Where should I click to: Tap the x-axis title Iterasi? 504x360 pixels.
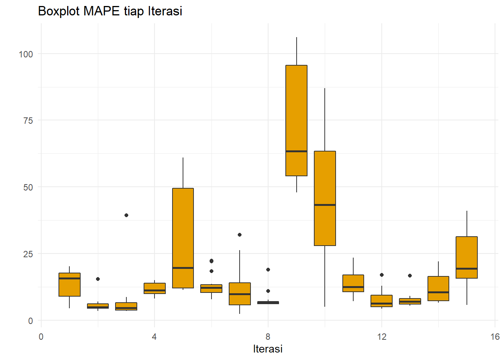(x=268, y=349)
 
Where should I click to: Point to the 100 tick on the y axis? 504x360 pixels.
(x=26, y=54)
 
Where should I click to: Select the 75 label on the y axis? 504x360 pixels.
(x=28, y=121)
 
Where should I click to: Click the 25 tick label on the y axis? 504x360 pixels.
(x=28, y=254)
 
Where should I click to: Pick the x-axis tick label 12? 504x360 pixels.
(x=382, y=337)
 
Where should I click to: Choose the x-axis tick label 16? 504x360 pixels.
(x=495, y=337)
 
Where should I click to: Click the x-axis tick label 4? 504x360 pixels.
(x=154, y=337)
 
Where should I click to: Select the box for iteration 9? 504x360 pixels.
(x=296, y=112)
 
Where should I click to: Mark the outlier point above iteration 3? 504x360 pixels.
(x=126, y=215)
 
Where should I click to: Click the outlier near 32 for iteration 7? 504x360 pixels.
(x=240, y=235)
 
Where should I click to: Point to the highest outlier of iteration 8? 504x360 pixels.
(x=268, y=270)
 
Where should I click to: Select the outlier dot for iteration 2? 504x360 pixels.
(x=98, y=279)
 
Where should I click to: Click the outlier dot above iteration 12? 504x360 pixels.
(x=382, y=275)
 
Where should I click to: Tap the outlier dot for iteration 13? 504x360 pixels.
(x=410, y=276)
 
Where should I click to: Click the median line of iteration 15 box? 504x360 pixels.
(x=466, y=268)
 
